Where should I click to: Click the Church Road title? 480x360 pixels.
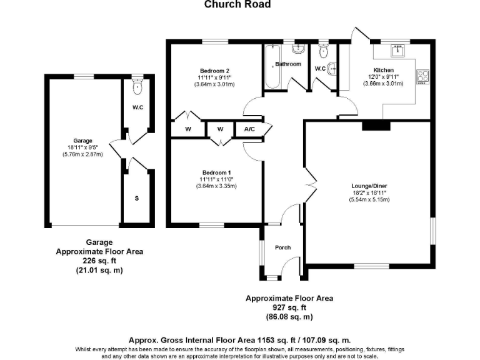pyautogui.click(x=238, y=4)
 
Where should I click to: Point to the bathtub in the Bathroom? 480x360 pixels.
pyautogui.click(x=272, y=66)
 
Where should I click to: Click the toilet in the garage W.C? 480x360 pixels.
pyautogui.click(x=137, y=86)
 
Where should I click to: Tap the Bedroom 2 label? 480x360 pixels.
pyautogui.click(x=214, y=70)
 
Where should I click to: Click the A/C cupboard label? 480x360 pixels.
pyautogui.click(x=249, y=129)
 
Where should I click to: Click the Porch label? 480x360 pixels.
pyautogui.click(x=283, y=247)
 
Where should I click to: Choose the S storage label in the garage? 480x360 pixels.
pyautogui.click(x=137, y=198)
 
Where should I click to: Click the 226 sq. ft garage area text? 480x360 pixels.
pyautogui.click(x=99, y=261)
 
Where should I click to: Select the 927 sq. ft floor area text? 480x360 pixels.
pyautogui.click(x=289, y=308)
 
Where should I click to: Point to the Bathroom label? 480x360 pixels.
pyautogui.click(x=289, y=64)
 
